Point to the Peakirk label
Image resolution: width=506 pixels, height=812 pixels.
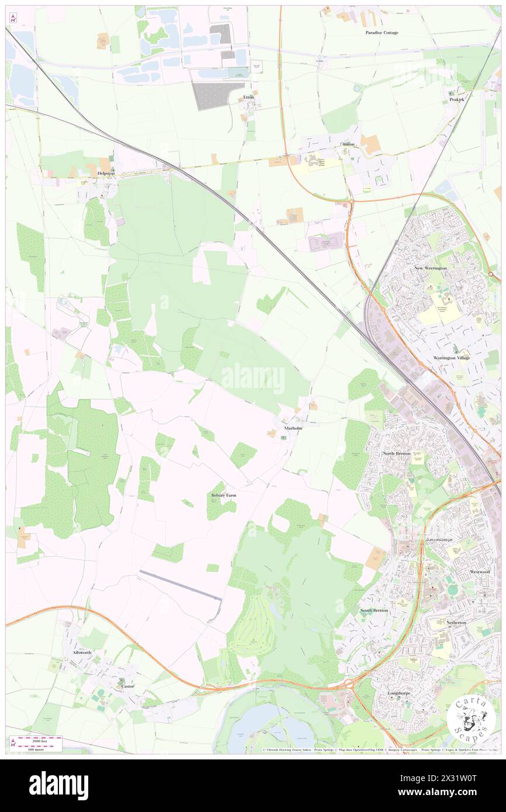[x=456, y=100]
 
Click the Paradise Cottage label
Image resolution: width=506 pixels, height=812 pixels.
[x=382, y=33]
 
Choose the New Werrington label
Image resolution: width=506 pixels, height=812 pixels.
[x=431, y=268]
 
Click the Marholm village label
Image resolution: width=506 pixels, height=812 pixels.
[x=293, y=428]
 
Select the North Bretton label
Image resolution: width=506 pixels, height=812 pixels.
[x=397, y=453]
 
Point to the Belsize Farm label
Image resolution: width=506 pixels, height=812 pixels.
[x=224, y=495]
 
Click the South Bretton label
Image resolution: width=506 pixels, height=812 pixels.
[x=374, y=610]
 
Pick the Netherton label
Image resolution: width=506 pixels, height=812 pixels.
[x=456, y=622]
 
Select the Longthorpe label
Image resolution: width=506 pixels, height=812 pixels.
[x=400, y=693]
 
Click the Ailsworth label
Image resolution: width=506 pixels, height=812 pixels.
[x=79, y=652]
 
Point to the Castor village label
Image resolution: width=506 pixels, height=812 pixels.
[x=127, y=686]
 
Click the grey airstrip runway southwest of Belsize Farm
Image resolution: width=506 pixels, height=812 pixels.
[x=181, y=585]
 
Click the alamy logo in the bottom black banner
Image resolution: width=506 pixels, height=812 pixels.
[x=58, y=785]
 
